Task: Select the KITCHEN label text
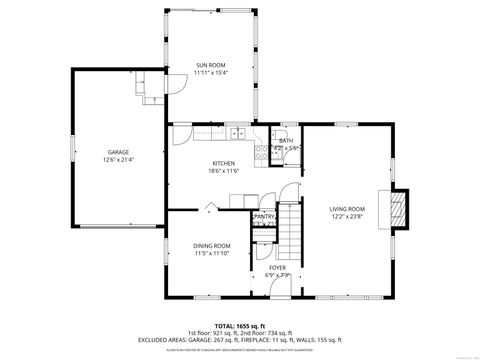tap(222, 163)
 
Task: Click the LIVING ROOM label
tap(348, 209)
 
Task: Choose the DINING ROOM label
tap(211, 246)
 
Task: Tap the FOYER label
tap(277, 268)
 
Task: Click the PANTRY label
tap(265, 216)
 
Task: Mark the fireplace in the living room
tap(399, 208)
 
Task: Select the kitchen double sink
tap(238, 134)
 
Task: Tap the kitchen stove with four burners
tap(262, 153)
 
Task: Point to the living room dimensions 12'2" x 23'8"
tap(348, 216)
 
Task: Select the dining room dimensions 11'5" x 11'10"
tap(211, 253)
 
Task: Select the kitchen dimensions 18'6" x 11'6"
tap(222, 170)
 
